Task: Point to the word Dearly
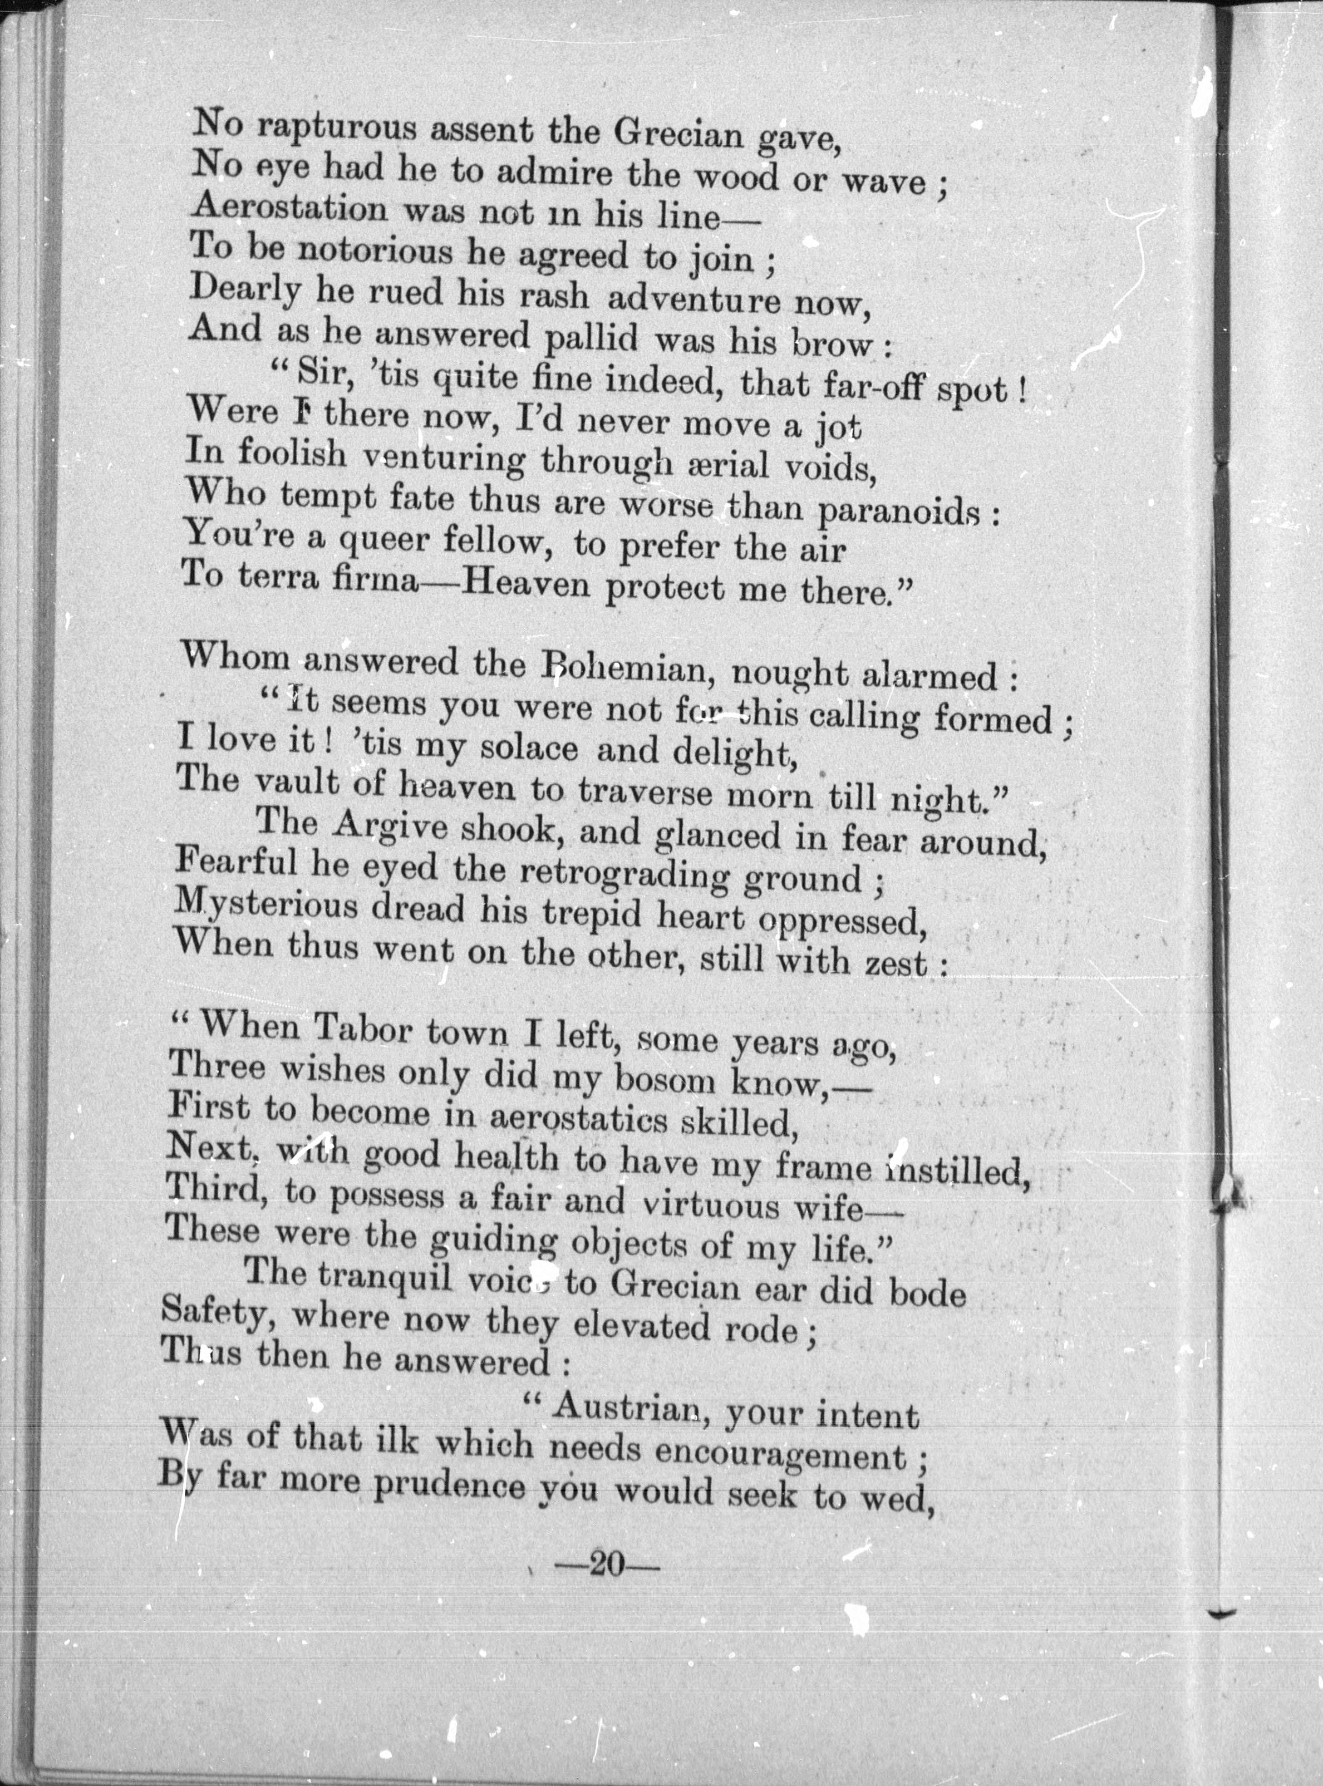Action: point(245,290)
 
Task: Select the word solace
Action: point(528,749)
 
